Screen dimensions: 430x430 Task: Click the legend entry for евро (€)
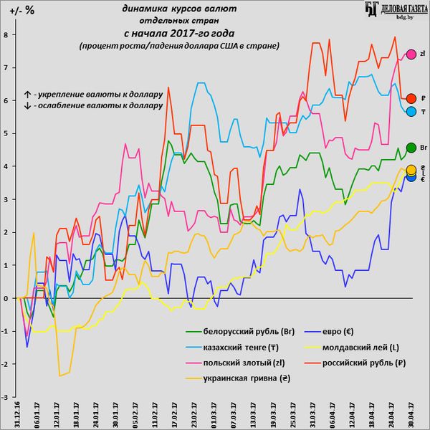[333, 333]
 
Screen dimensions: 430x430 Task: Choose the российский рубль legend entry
[350, 363]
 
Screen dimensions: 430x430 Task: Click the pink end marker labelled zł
[411, 54]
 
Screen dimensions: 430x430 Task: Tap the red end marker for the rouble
[411, 99]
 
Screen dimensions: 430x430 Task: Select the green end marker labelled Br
[411, 148]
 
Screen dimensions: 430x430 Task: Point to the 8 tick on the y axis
[5, 34]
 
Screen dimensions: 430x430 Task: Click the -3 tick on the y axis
[5, 397]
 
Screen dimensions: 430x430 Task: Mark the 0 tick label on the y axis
[5, 298]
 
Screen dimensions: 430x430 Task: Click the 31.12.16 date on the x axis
[18, 414]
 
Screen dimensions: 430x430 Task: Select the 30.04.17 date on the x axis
[410, 414]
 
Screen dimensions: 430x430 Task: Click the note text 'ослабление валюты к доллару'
[93, 105]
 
